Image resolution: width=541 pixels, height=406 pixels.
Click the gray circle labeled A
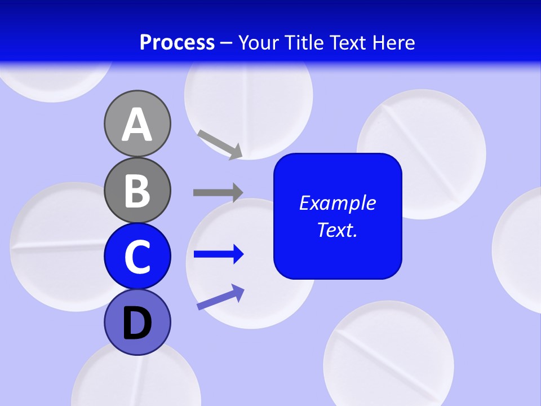click(x=137, y=123)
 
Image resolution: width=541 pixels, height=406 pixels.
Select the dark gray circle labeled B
click(x=137, y=190)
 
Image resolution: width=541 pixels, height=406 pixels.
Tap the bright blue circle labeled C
click(x=137, y=256)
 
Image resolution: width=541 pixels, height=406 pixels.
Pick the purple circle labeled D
click(x=137, y=322)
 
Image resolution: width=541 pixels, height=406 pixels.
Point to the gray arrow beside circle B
click(x=218, y=192)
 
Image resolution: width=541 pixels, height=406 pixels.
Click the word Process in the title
click(x=177, y=43)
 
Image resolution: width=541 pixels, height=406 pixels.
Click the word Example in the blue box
click(x=337, y=203)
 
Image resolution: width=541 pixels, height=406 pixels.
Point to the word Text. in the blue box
click(x=337, y=230)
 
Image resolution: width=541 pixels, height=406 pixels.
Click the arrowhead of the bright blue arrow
click(x=238, y=254)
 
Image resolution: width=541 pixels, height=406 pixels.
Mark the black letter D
click(x=137, y=323)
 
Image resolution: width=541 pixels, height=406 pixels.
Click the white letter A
click(x=137, y=125)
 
